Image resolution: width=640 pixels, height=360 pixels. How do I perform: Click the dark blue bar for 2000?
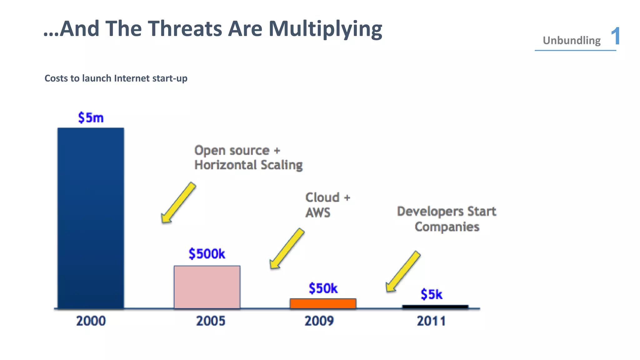pos(91,218)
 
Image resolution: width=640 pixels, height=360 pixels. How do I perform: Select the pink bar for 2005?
pos(207,287)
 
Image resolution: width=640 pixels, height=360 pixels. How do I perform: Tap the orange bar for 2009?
pos(323,303)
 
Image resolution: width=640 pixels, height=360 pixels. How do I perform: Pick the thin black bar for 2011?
pos(435,307)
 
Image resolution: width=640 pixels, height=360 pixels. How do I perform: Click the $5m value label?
pos(91,118)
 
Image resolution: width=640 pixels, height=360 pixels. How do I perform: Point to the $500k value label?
pos(207,254)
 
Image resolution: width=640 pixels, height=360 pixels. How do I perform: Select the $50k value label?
pos(323,288)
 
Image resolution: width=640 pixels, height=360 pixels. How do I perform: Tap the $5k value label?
pos(431,294)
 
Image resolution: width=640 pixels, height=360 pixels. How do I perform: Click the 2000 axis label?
pos(91,321)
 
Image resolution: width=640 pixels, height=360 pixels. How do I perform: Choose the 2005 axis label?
pos(210,321)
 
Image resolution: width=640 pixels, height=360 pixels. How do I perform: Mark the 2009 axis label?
pos(319,321)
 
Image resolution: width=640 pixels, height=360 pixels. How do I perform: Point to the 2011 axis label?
pos(431,321)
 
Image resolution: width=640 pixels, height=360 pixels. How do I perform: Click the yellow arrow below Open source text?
pos(178,203)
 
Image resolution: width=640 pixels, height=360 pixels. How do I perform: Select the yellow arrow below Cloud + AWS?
pos(287,248)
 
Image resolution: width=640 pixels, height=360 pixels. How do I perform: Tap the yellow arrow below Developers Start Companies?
pos(403,271)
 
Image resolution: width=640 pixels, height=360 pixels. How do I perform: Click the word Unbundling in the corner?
pos(571,41)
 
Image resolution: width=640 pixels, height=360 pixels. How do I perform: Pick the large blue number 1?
pos(615,36)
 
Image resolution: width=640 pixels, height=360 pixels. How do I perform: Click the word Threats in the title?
pos(185,29)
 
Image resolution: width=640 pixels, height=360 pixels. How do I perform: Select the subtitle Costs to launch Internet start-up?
pos(116,78)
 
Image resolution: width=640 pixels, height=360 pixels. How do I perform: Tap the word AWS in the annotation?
pos(317,213)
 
